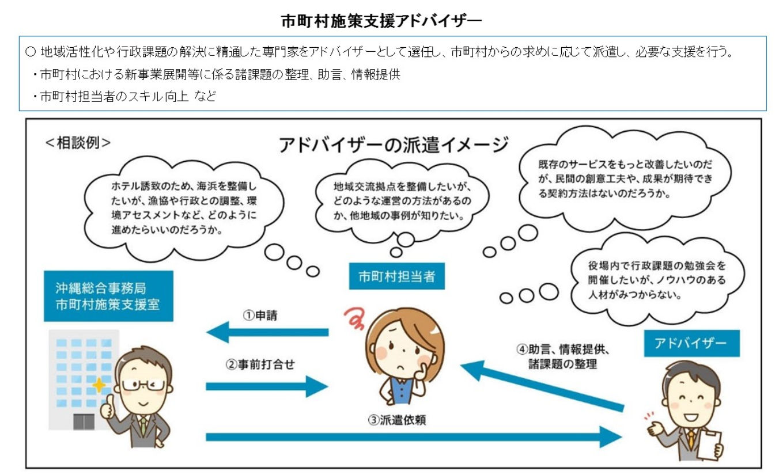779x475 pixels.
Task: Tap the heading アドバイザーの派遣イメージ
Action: click(x=394, y=145)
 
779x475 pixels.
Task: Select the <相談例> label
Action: click(x=78, y=143)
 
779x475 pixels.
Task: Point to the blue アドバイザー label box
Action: click(x=691, y=344)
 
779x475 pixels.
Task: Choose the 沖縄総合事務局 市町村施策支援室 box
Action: click(x=108, y=296)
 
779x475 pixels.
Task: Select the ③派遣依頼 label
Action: click(x=397, y=420)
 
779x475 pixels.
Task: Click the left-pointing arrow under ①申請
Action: click(x=267, y=332)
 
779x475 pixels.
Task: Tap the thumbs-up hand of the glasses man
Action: click(x=107, y=408)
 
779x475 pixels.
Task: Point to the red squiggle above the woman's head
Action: click(x=353, y=316)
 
